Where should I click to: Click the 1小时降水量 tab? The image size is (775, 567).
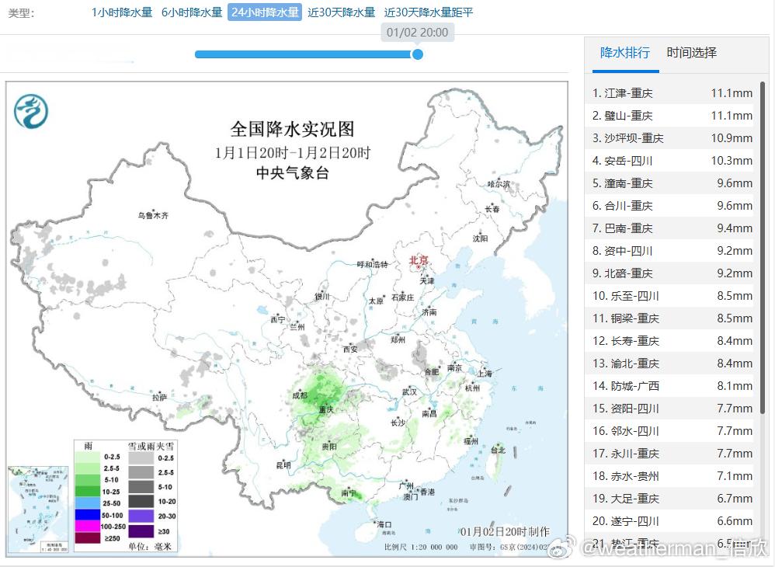(122, 12)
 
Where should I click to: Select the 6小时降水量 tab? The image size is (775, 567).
(192, 12)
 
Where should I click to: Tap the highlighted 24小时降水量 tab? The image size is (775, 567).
(265, 12)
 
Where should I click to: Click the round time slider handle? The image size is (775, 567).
(418, 54)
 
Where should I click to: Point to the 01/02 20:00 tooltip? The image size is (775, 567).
(417, 33)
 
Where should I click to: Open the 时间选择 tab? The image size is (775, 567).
(691, 53)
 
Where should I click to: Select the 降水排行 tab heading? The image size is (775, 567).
(625, 53)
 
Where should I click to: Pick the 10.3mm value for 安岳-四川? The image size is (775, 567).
(732, 161)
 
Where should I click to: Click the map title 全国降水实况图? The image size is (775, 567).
(292, 129)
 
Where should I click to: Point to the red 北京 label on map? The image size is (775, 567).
(419, 262)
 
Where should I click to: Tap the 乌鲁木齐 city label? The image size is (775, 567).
(153, 215)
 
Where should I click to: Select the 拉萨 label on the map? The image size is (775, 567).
(159, 397)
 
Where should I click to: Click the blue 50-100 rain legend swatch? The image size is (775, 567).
(87, 514)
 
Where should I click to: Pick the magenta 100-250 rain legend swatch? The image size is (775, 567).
(87, 526)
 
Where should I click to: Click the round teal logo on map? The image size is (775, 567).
(31, 111)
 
